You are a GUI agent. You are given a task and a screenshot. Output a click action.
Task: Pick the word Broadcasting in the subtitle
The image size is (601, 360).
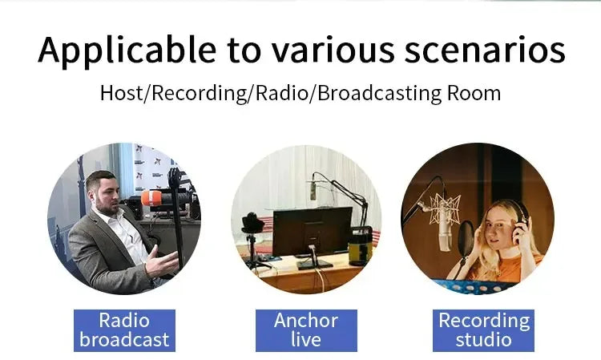point(376,93)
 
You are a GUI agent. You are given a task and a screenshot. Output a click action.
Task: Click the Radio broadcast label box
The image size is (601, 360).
point(124,330)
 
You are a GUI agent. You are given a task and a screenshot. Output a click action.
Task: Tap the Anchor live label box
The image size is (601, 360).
point(305,330)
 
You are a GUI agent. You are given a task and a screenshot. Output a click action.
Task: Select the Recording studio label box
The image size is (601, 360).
point(483,330)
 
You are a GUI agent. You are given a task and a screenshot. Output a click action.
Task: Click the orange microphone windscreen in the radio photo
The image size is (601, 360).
point(152,197)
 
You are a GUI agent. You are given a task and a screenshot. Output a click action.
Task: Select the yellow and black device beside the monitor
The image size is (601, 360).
point(361,244)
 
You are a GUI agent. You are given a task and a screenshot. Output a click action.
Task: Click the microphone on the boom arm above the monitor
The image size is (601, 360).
point(313,190)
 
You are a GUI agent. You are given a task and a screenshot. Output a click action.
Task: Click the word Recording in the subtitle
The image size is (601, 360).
point(200,93)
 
